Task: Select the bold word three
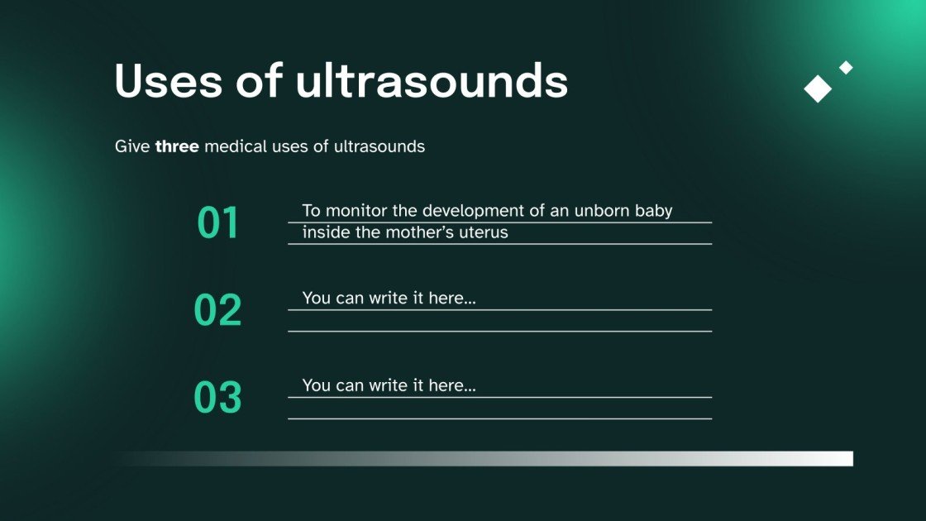[x=177, y=147]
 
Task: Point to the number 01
[x=218, y=223]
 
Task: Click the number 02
[x=218, y=310]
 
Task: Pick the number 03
[x=218, y=398]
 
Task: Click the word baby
[x=653, y=211]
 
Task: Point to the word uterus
[x=482, y=232]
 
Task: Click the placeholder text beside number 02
[x=389, y=298]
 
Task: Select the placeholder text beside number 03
[x=389, y=385]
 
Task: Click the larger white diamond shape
[x=818, y=88]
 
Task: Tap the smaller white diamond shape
[x=846, y=68]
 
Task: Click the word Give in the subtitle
[x=132, y=147]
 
